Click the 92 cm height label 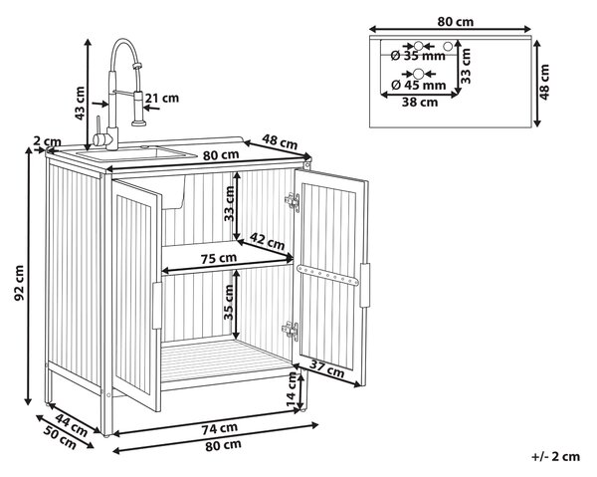(19, 283)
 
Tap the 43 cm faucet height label (80, 103)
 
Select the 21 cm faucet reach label (162, 98)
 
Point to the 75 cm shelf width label (219, 258)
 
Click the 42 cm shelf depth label (267, 241)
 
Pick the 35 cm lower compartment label (229, 302)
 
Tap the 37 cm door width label (326, 368)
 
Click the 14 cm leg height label (292, 389)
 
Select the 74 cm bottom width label (220, 428)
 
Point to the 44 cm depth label (72, 424)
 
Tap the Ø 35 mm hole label (418, 56)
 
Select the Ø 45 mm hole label (419, 85)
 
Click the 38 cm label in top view (420, 102)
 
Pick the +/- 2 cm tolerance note (556, 456)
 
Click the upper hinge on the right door (293, 201)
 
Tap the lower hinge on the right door (291, 330)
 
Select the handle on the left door (157, 306)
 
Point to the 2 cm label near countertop (47, 141)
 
